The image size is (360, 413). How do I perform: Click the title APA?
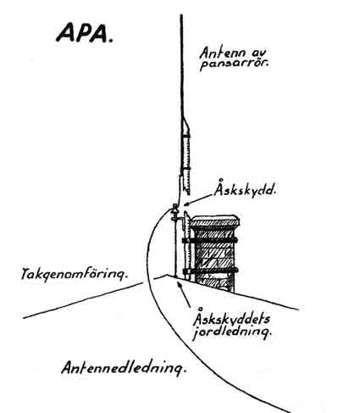pos(84,33)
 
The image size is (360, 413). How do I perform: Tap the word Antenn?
pos(222,53)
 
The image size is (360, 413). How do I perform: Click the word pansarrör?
pos(234,64)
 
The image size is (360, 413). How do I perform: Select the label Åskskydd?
pos(245,189)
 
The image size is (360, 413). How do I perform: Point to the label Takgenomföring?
pos(75,274)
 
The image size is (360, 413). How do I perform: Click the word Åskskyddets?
pos(231,319)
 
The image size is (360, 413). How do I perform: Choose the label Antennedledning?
pos(124,368)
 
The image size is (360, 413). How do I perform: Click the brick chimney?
pos(213,254)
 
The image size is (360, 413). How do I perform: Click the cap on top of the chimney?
pos(214,220)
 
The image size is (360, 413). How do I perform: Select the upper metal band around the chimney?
pos(209,241)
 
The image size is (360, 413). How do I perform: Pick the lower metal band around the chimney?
pos(210,271)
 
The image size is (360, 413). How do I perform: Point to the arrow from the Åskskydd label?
pos(197,199)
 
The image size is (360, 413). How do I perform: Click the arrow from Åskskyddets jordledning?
pos(184,294)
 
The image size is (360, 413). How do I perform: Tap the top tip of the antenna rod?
pos(181,15)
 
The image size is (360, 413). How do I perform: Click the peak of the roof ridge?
pos(166,275)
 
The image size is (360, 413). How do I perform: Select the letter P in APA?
pos(85,33)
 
